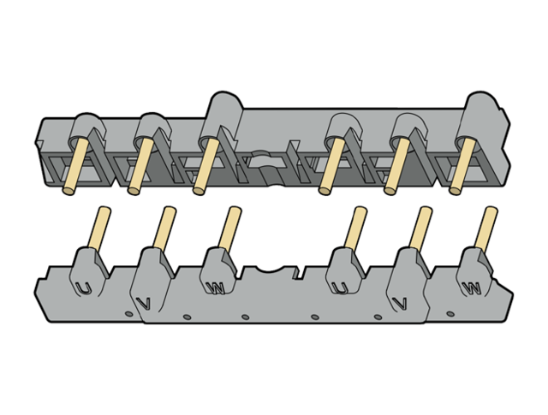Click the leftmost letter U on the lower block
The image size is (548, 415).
(x=84, y=288)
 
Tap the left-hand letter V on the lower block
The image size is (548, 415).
(x=144, y=303)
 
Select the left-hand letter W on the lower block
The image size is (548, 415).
(x=215, y=288)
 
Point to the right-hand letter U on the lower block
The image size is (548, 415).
(x=340, y=288)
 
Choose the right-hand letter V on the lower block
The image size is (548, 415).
(x=400, y=303)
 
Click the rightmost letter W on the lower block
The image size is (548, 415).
(x=472, y=288)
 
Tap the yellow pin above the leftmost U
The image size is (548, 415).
(x=99, y=228)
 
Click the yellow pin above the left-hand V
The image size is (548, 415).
(x=164, y=228)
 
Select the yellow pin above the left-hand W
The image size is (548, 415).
(x=230, y=228)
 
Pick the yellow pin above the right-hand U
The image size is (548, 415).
(x=355, y=228)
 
